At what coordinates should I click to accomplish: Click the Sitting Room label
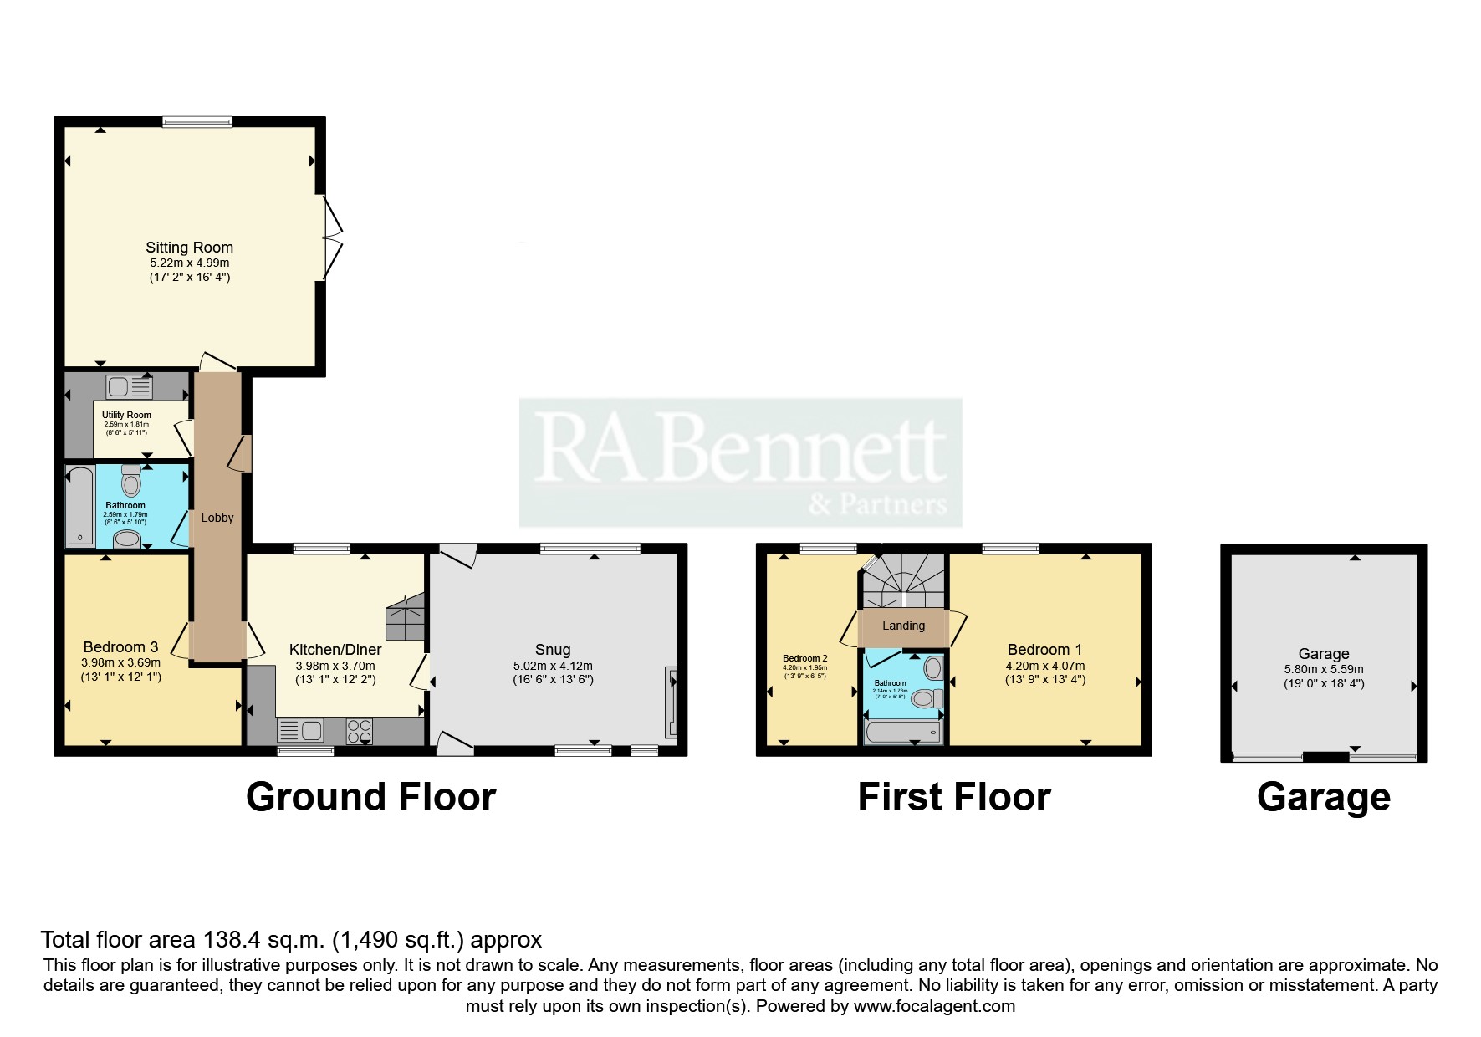point(189,248)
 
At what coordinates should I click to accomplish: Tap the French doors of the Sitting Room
point(331,238)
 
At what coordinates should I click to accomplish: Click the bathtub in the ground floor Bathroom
point(80,507)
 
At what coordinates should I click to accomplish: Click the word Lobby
point(217,518)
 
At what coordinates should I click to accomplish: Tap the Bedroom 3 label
point(120,646)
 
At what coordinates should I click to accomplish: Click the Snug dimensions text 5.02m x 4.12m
point(553,666)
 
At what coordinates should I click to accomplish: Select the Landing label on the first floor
point(903,626)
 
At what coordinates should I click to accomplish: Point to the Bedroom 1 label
point(1044,650)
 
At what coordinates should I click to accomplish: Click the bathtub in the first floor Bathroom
point(903,733)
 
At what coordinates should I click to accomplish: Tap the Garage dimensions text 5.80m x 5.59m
point(1323,669)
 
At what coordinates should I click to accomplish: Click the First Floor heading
point(953,797)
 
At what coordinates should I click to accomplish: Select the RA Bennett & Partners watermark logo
point(740,462)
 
